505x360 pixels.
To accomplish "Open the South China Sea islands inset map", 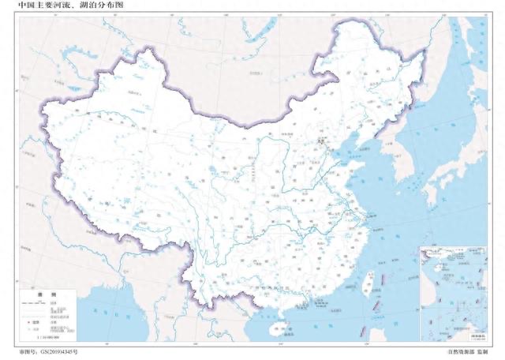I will click(x=453, y=292).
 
